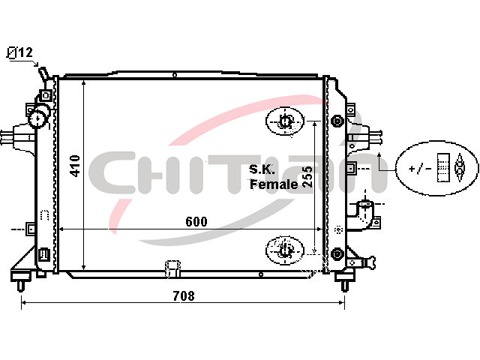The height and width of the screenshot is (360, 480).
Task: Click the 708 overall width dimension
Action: pos(184,295)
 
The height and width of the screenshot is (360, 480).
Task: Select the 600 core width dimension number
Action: pos(196,221)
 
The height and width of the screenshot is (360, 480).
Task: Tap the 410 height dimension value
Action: pos(75,166)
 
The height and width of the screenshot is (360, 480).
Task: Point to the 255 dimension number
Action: pos(307,177)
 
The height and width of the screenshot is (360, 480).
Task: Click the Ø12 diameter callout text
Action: pos(19,52)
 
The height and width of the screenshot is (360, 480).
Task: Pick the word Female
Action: pos(274,184)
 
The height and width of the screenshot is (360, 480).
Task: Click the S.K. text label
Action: pos(262,169)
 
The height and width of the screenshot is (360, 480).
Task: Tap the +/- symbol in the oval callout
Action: pos(421,168)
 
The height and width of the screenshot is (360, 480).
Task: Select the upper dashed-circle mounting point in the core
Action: pos(285,121)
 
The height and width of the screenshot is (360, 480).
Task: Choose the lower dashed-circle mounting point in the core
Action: pos(285,250)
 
